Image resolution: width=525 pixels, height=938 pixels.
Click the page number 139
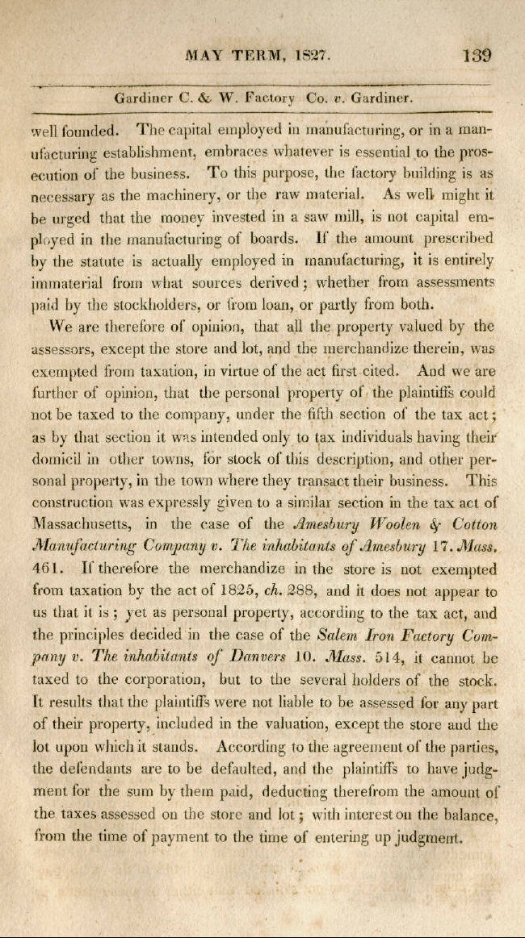tap(477, 57)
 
